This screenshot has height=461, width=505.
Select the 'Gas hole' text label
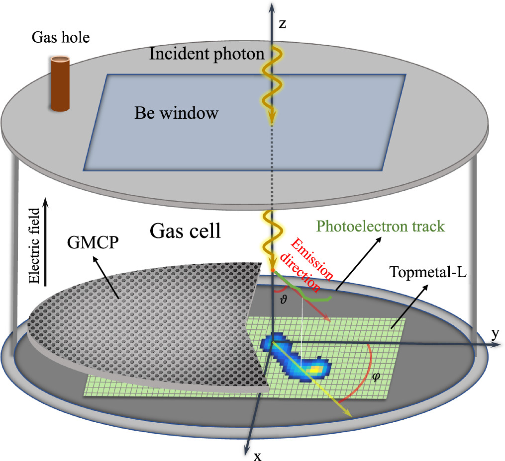pyautogui.click(x=60, y=37)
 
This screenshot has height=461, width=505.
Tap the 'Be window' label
pyautogui.click(x=176, y=113)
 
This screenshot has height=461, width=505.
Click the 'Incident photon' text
pyautogui.click(x=206, y=54)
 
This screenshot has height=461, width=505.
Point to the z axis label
pyautogui.click(x=282, y=24)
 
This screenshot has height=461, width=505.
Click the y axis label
pyautogui.click(x=495, y=334)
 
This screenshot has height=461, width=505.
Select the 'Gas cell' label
pyautogui.click(x=185, y=231)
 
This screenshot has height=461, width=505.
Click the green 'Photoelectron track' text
pyautogui.click(x=380, y=227)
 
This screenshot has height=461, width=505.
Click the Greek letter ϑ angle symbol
pyautogui.click(x=284, y=300)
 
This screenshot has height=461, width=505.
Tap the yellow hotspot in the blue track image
pyautogui.click(x=314, y=370)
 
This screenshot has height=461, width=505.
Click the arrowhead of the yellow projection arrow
pyautogui.click(x=350, y=413)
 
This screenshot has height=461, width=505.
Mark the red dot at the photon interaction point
pyautogui.click(x=273, y=270)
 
